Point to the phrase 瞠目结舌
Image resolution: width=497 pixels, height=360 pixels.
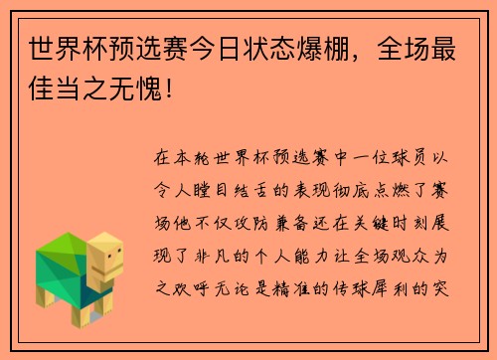(249, 188)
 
